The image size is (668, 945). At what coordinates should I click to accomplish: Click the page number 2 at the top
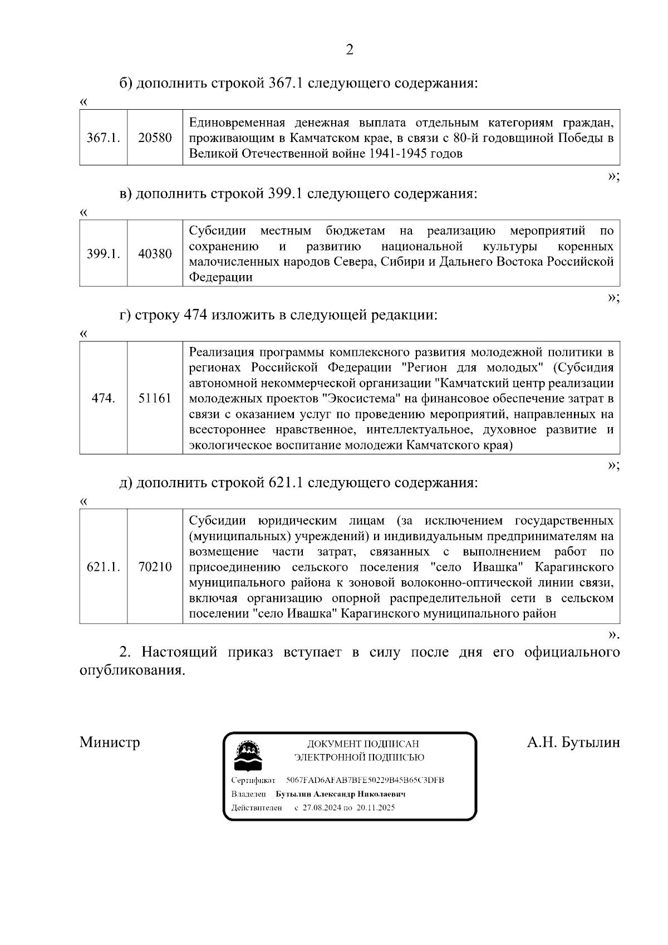350,50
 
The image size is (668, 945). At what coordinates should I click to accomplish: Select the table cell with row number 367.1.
103,138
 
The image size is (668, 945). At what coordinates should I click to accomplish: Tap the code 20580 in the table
155,138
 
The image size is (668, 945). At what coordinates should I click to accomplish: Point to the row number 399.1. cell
103,254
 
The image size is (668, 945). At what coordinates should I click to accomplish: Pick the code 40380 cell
155,254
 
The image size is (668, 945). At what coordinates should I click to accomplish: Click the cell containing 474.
103,399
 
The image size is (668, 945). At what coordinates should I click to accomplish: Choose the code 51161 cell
155,399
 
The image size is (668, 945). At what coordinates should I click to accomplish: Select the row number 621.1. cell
103,567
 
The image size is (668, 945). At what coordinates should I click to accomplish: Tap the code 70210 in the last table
155,567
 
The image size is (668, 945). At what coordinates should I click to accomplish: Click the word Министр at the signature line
110,742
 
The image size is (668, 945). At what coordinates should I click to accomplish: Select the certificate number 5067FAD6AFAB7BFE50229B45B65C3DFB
365,780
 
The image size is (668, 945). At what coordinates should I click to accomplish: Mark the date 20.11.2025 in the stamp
376,807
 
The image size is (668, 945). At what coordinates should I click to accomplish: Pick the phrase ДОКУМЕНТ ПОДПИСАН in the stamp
363,743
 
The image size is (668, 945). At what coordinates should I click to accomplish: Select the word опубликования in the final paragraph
131,670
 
